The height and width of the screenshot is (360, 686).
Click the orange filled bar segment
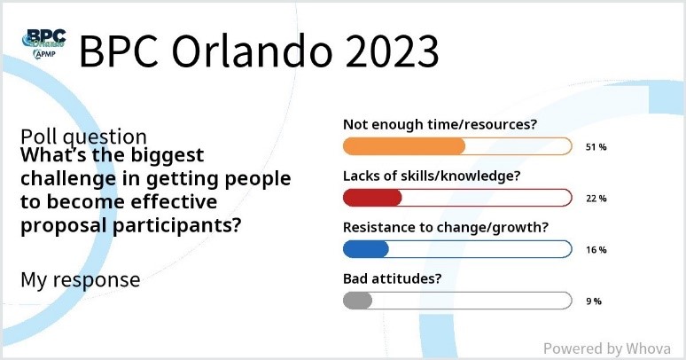(404, 146)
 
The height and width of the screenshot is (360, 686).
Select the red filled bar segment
(372, 198)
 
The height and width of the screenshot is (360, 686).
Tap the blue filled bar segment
(366, 249)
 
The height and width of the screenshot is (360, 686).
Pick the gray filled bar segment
(357, 301)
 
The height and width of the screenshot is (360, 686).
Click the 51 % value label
(596, 147)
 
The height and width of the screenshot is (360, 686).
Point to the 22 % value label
(596, 199)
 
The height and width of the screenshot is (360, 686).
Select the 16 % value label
(596, 250)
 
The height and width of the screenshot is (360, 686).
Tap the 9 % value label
(594, 301)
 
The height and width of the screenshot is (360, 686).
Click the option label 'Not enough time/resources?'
(440, 125)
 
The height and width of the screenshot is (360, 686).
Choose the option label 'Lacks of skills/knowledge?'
(432, 176)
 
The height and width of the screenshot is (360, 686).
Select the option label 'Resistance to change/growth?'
(446, 228)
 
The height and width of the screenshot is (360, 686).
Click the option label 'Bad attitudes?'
(392, 278)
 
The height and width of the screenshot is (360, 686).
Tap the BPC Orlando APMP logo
(43, 43)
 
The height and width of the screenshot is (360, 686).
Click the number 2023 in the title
(392, 51)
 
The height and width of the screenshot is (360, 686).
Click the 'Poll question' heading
(83, 137)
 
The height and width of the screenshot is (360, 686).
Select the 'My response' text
(80, 280)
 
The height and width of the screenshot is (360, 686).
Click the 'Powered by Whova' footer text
(607, 348)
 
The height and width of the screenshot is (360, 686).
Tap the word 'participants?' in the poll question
(176, 226)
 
